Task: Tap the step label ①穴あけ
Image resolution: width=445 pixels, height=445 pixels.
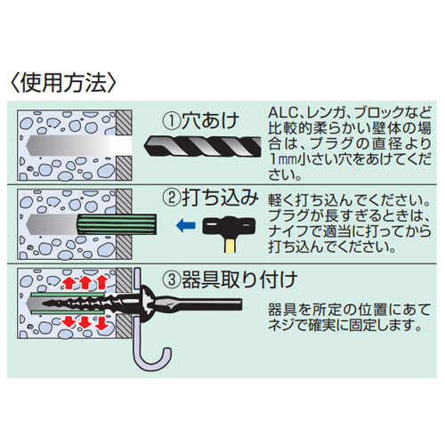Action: click(201, 121)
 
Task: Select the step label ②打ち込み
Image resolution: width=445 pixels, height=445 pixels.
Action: click(211, 198)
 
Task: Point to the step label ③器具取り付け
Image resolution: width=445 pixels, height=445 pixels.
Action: click(230, 279)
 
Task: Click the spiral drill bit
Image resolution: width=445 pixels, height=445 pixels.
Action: click(203, 146)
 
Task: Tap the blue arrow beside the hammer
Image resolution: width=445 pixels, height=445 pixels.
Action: click(186, 226)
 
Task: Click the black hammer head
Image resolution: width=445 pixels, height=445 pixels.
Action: click(229, 226)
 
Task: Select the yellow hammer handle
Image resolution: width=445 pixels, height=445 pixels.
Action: click(231, 245)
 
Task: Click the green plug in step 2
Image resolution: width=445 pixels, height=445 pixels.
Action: click(117, 224)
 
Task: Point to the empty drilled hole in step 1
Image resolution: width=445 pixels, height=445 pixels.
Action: click(79, 146)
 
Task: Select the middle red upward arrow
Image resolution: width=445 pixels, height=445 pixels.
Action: click(85, 282)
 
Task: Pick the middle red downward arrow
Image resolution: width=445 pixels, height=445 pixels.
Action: click(85, 322)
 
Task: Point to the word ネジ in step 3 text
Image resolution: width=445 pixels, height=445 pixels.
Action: click(282, 325)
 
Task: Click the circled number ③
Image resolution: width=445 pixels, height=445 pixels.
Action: click(172, 279)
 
